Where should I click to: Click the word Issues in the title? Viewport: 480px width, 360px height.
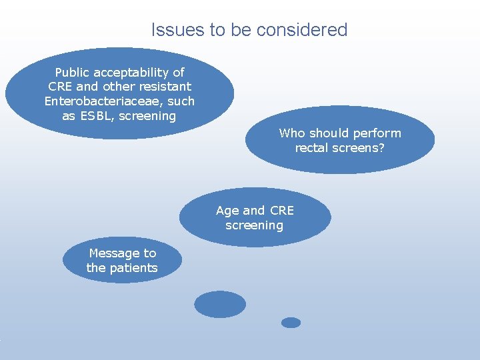click(171, 30)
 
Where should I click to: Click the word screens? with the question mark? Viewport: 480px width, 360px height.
click(360, 148)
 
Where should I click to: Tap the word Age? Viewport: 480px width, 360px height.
click(227, 211)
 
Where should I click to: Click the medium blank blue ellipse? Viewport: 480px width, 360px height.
click(220, 304)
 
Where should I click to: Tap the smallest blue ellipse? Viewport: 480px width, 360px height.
click(291, 323)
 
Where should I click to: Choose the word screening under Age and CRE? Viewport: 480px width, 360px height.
click(254, 225)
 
